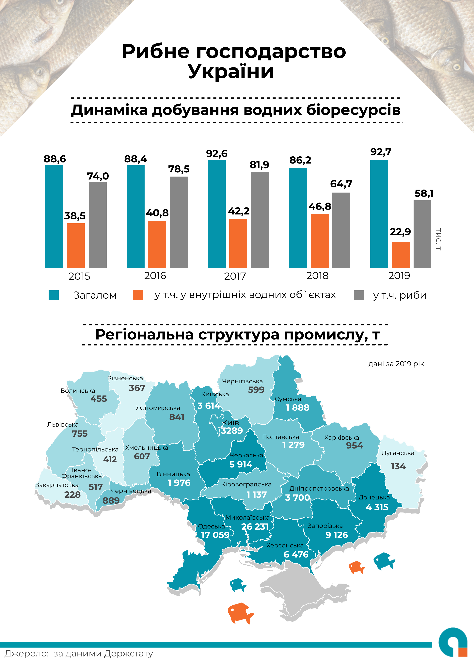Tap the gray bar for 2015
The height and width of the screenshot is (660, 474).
[x=98, y=225]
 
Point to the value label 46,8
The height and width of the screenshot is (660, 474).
[x=320, y=206]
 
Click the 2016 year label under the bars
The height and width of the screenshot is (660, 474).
[x=155, y=275]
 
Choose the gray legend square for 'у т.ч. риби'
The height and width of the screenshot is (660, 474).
[x=358, y=295]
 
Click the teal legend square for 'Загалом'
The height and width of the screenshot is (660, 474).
[x=54, y=295]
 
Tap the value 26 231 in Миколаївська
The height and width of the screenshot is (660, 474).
[x=255, y=526]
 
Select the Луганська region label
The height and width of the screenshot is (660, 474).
[x=398, y=453]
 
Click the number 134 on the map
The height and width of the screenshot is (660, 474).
[x=398, y=466]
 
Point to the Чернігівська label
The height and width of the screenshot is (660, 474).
[x=242, y=381]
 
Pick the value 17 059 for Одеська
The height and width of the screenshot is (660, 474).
[x=215, y=535]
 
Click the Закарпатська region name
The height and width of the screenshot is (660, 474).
[x=57, y=485]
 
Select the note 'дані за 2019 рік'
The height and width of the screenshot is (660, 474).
[x=396, y=364]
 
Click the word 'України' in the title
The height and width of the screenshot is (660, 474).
[x=231, y=71]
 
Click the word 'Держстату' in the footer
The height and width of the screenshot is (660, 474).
[x=128, y=653]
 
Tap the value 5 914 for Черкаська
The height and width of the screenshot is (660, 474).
[x=241, y=464]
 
